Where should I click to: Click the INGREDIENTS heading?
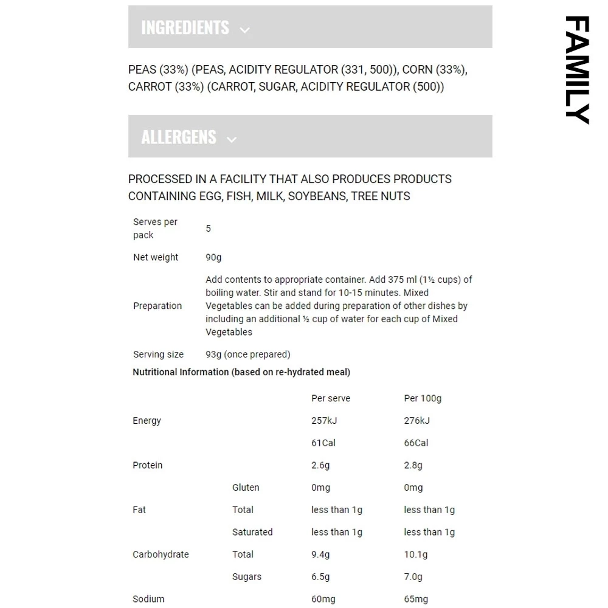(185, 27)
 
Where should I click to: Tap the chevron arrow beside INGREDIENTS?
(244, 30)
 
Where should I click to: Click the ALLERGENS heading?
(179, 137)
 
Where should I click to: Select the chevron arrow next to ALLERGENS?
(231, 139)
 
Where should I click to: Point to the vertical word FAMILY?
(576, 69)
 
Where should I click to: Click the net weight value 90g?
(213, 257)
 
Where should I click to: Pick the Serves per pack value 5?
(209, 229)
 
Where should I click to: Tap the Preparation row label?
(157, 306)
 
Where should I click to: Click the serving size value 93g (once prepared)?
(247, 354)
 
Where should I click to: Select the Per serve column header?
(331, 398)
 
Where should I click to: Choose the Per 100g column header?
(423, 398)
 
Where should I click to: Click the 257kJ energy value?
(323, 421)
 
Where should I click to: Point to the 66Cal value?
(416, 443)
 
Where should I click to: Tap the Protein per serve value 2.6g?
(320, 465)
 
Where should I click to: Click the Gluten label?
(246, 488)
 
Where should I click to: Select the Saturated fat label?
(252, 532)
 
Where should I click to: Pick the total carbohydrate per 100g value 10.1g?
(416, 554)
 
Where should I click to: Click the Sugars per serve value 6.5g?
(320, 577)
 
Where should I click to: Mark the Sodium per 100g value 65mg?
(416, 599)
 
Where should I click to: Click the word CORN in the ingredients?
(418, 69)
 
